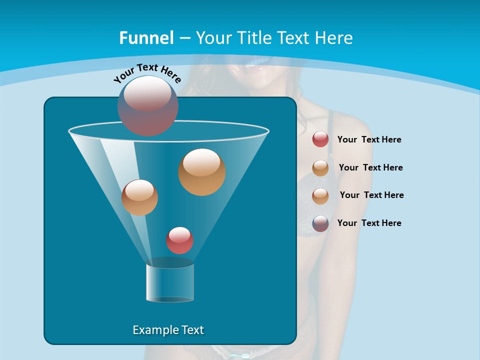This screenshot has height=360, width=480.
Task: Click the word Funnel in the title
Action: [146, 38]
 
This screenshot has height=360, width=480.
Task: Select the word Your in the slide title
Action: [213, 38]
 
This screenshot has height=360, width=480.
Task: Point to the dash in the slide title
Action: [184, 38]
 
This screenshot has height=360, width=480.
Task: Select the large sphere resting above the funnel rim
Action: [148, 105]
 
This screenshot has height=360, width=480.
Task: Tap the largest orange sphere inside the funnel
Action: [201, 171]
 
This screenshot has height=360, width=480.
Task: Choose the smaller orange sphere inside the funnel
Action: [139, 197]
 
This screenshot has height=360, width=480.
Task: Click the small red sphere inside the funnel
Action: [179, 240]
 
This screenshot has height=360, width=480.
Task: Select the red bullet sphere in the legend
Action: [320, 139]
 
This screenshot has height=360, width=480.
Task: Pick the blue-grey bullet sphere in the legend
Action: [320, 223]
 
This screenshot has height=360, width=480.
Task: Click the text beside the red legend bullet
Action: [369, 140]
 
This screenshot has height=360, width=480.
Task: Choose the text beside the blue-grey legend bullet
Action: [369, 223]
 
